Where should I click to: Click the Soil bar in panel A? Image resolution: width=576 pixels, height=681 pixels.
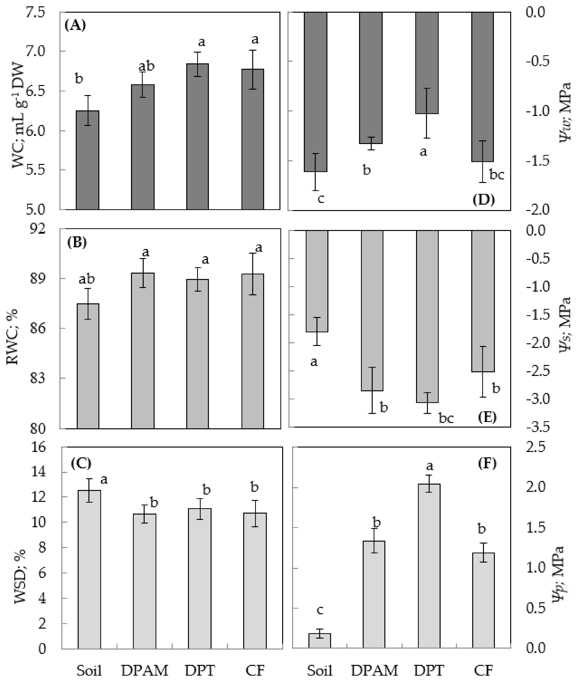click(x=87, y=160)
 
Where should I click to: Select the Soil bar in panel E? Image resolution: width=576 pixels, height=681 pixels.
click(x=317, y=281)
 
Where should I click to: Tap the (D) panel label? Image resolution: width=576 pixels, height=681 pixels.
click(x=484, y=199)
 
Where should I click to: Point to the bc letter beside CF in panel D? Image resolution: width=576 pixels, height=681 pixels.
click(x=497, y=175)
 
